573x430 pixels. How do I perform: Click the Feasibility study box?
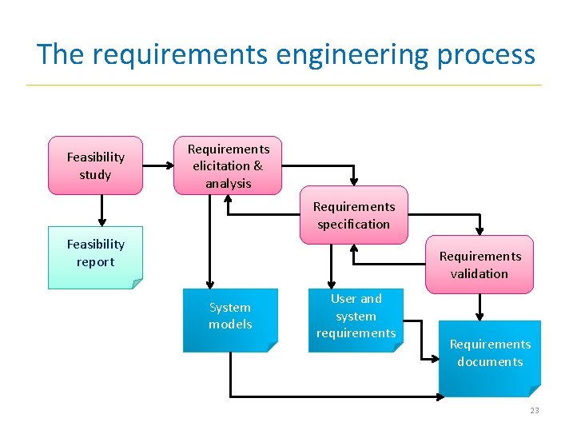click(x=95, y=165)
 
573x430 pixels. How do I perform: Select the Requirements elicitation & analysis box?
click(x=228, y=165)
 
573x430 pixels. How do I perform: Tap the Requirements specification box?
click(x=353, y=215)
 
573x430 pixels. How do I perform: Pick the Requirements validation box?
click(x=479, y=265)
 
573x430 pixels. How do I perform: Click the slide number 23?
click(x=534, y=410)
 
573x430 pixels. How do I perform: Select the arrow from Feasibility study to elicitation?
click(x=157, y=166)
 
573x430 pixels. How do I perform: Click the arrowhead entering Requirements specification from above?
click(x=354, y=181)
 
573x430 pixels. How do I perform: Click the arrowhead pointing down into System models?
click(x=210, y=283)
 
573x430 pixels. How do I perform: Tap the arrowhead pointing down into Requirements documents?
click(x=479, y=315)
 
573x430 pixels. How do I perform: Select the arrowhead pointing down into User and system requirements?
click(x=332, y=283)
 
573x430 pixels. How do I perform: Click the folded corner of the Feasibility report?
click(x=137, y=284)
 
